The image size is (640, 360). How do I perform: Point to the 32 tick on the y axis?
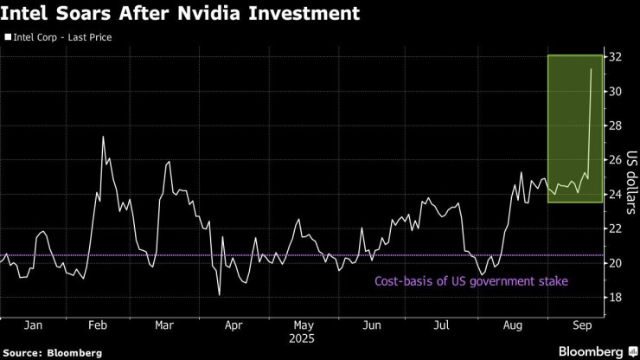(x=616, y=56)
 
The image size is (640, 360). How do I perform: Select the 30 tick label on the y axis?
(x=616, y=91)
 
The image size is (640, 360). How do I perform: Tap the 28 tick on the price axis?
(x=616, y=125)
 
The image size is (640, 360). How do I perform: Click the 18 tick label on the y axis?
(x=616, y=297)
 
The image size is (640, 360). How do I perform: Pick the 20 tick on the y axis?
(x=616, y=263)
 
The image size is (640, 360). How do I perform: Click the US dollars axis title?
(x=631, y=177)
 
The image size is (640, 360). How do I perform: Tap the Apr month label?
(x=234, y=326)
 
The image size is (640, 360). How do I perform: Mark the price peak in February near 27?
(x=103, y=137)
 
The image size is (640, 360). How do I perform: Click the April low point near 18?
(x=219, y=295)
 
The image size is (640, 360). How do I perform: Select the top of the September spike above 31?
(x=591, y=68)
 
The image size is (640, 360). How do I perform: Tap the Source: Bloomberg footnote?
(x=52, y=352)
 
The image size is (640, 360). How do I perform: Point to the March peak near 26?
(x=169, y=161)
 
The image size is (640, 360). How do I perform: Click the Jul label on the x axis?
(x=441, y=326)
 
